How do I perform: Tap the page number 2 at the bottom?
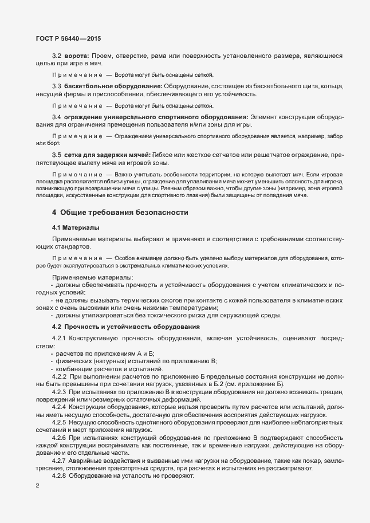[x=37, y=486]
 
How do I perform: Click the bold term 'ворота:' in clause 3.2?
[x=76, y=56]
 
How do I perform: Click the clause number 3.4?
[x=57, y=117]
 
